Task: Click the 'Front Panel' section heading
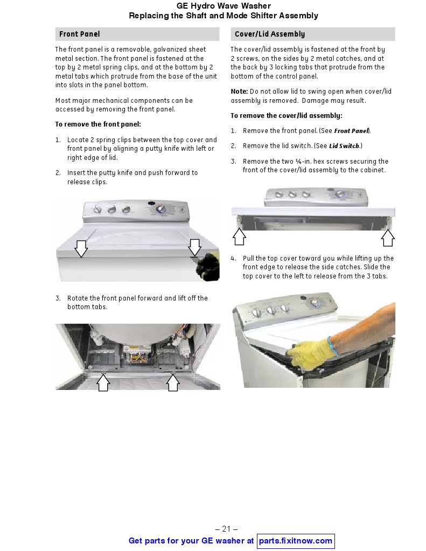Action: [x=79, y=34]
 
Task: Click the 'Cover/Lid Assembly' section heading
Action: [x=270, y=34]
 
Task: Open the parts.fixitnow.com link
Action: [x=296, y=540]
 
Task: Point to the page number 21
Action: [x=226, y=528]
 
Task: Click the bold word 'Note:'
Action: [x=239, y=92]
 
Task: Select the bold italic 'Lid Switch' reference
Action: [x=344, y=146]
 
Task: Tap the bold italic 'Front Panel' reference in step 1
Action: [x=351, y=131]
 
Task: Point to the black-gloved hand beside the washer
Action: [x=208, y=267]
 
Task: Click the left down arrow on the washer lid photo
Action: [x=81, y=248]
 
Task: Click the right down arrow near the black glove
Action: [x=195, y=248]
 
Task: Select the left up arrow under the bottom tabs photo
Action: [x=103, y=382]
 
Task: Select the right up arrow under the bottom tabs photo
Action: [x=173, y=382]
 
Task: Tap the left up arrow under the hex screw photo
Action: [x=239, y=236]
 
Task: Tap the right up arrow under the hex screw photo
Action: [x=388, y=238]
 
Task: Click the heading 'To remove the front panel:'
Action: [x=98, y=124]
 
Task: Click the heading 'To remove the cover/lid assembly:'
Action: [x=286, y=116]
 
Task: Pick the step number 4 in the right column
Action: [x=233, y=259]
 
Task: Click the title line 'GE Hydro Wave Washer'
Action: [x=224, y=6]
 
